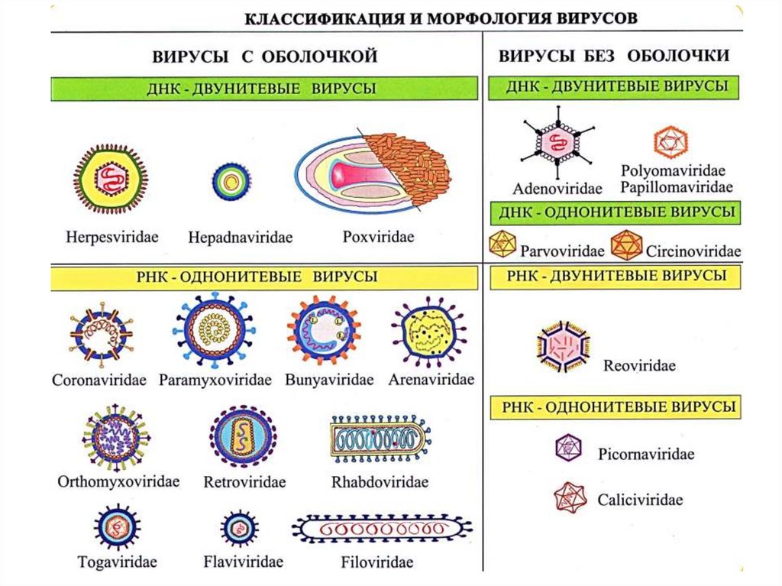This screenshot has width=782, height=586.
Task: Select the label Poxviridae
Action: (x=378, y=237)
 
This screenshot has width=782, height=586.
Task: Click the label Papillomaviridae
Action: (x=677, y=186)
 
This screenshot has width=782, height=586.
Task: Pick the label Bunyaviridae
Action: (x=329, y=379)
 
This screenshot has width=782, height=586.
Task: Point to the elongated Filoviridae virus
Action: (x=381, y=528)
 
